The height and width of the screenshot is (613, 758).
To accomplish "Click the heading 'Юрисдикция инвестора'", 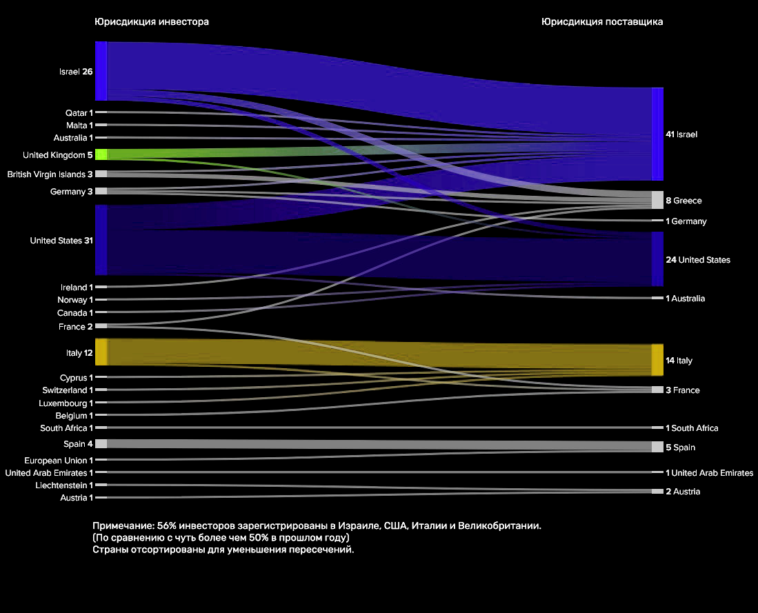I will [x=151, y=22].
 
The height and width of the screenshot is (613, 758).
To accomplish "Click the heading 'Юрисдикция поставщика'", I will [x=602, y=22].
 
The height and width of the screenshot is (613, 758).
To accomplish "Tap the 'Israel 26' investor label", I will [x=76, y=71].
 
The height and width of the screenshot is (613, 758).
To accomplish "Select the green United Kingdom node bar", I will [x=101, y=154].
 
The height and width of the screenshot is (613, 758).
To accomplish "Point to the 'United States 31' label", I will [x=61, y=241].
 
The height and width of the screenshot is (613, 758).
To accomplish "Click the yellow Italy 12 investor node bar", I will [x=101, y=352].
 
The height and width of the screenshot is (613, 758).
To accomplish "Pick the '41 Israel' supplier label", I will [x=681, y=134].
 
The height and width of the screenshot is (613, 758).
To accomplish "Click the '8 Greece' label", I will [x=684, y=201].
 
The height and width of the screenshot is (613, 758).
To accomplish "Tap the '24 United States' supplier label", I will [x=698, y=260].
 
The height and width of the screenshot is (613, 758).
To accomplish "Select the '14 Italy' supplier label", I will [x=679, y=361].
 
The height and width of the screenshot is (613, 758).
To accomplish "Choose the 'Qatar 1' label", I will [x=79, y=112].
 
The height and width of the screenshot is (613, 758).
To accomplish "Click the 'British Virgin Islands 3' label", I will [x=50, y=174].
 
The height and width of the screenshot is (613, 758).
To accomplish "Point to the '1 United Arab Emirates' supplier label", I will [x=709, y=473].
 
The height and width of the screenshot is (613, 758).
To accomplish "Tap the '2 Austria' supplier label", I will [x=683, y=492].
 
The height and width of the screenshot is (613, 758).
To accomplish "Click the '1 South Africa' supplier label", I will [x=692, y=428].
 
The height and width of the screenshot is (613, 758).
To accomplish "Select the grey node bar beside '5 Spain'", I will [x=657, y=447].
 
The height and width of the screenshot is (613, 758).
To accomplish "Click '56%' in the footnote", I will [x=168, y=526].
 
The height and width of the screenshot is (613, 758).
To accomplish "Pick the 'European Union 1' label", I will [x=58, y=460].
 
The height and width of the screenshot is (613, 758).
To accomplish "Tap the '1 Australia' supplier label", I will [x=685, y=299].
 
